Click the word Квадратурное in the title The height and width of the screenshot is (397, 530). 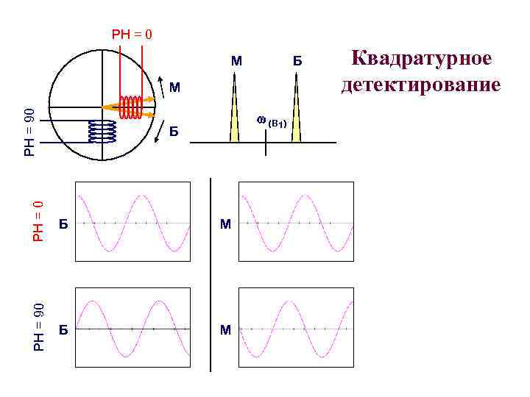tap(421, 60)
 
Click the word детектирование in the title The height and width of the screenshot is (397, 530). tap(421, 85)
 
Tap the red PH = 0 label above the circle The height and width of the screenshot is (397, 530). tap(132, 34)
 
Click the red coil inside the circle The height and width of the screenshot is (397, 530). tap(132, 107)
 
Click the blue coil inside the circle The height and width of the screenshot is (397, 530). tap(102, 131)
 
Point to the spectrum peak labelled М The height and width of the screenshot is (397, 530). tap(235, 110)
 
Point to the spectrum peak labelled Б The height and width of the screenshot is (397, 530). tap(296, 110)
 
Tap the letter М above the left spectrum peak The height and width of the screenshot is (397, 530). tap(236, 60)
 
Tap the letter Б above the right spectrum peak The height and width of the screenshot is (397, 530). tap(297, 60)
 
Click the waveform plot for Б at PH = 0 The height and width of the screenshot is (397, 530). tap(132, 221)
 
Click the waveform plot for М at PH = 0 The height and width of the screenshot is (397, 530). tap(296, 221)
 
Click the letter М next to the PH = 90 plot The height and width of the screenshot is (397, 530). tap(225, 330)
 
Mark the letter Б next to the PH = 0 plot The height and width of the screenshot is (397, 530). tap(63, 224)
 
